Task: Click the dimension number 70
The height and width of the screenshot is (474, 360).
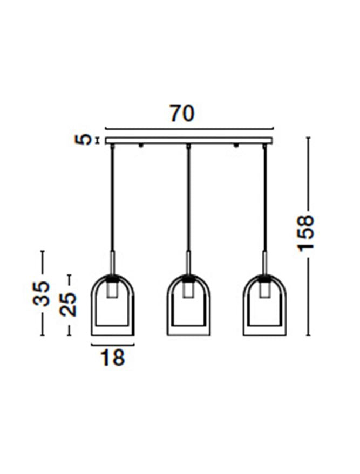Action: pyautogui.click(x=181, y=114)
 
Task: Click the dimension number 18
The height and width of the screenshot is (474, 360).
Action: pyautogui.click(x=112, y=357)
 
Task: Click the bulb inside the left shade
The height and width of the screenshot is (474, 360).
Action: pyautogui.click(x=112, y=290)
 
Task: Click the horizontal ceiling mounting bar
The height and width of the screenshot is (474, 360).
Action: pyautogui.click(x=189, y=140)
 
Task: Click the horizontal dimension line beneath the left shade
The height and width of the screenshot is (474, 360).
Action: pyautogui.click(x=112, y=345)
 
